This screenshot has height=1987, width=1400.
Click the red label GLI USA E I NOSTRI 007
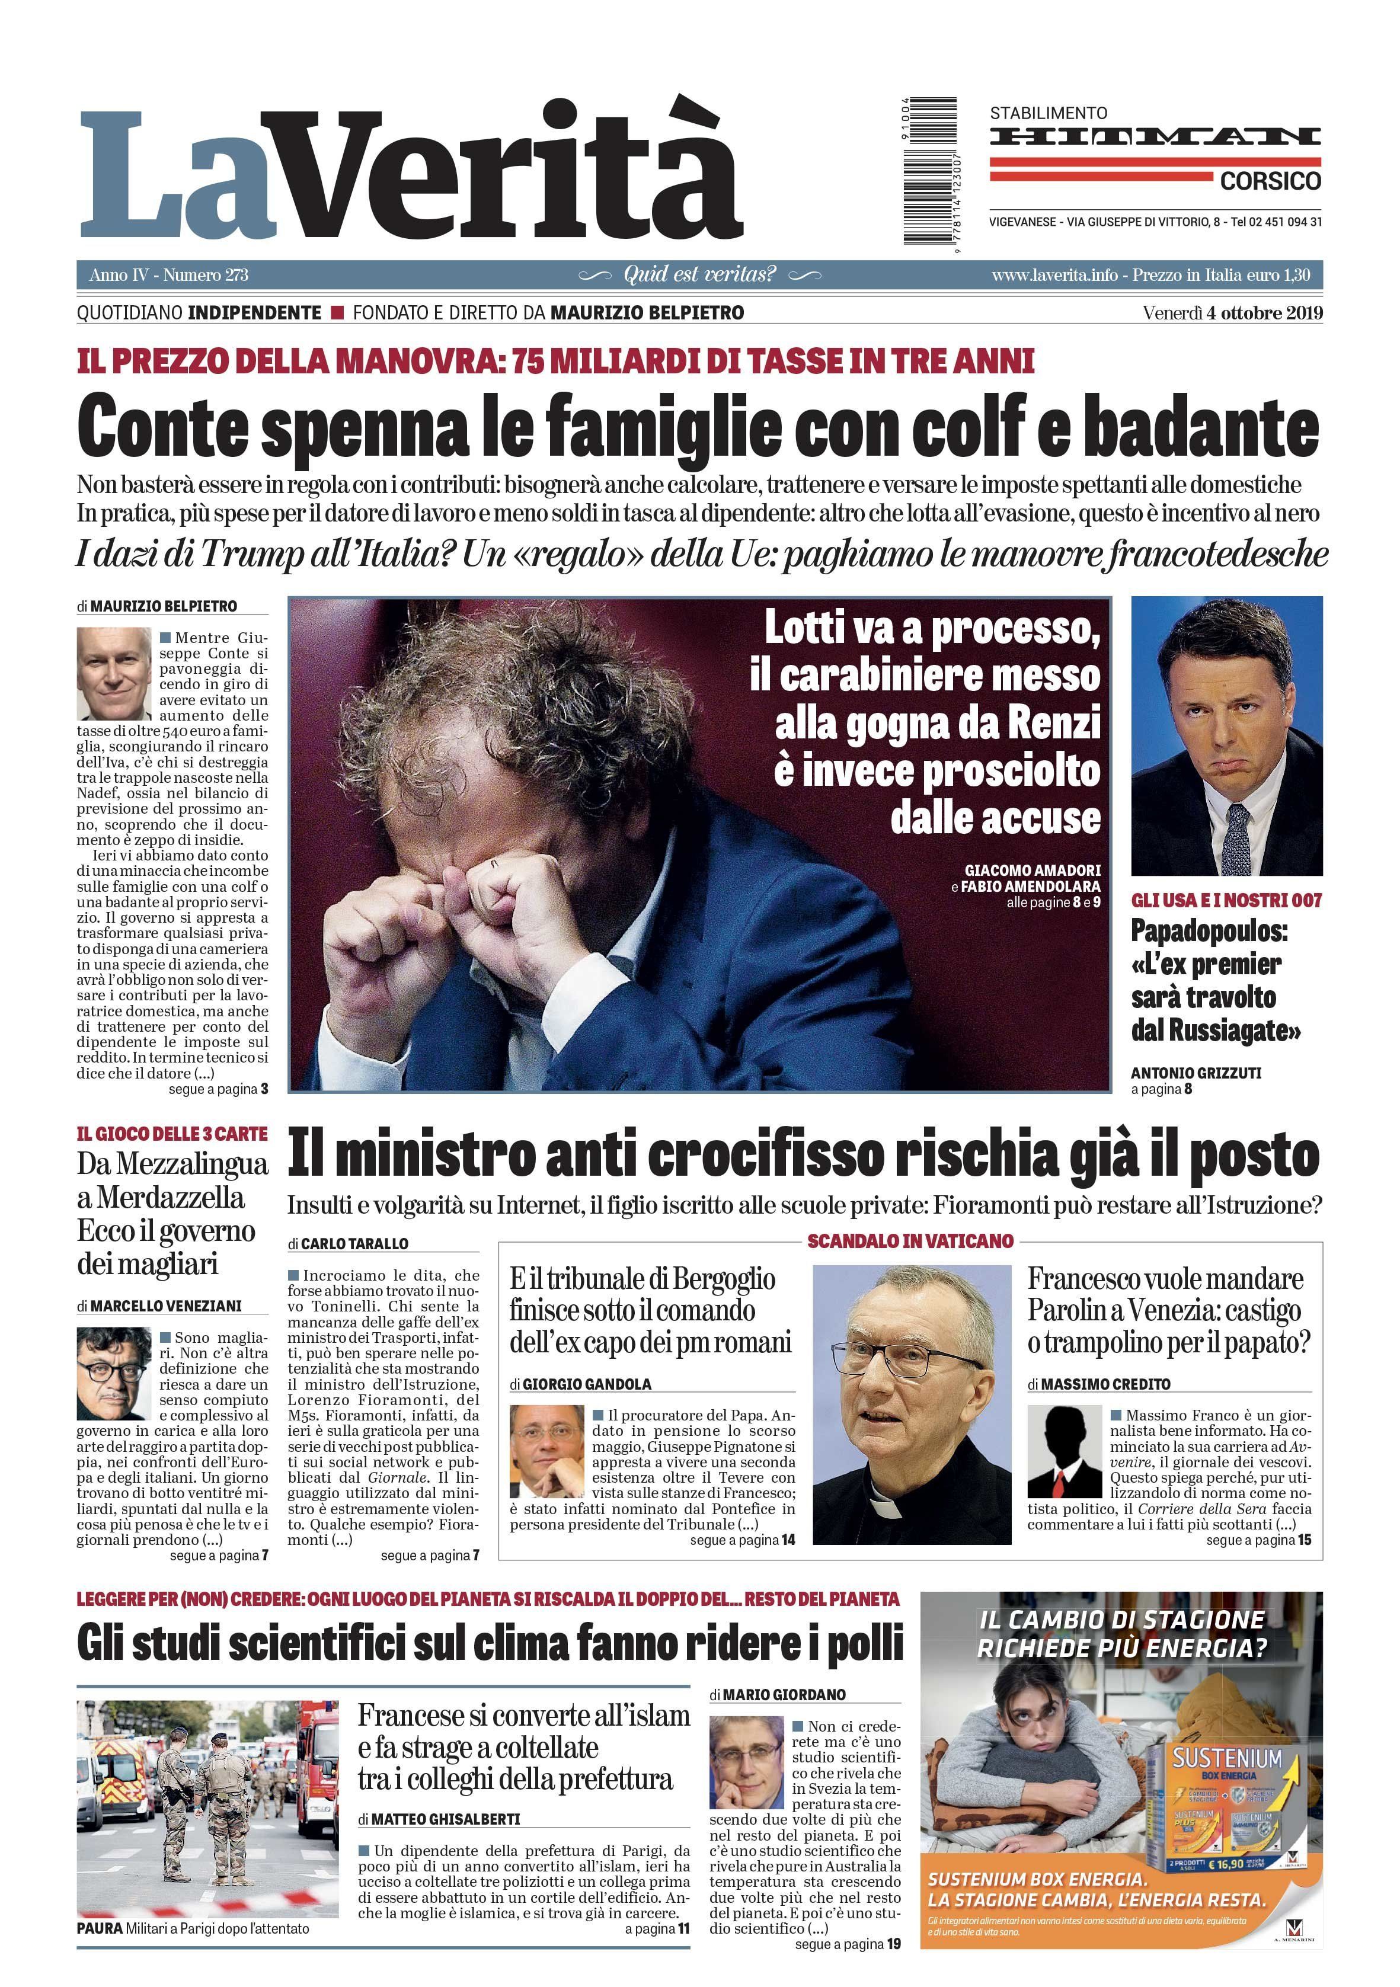[x=1226, y=901]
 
